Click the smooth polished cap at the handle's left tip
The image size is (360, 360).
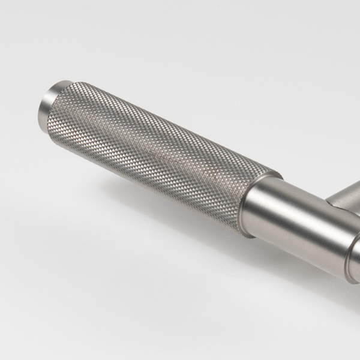click(49, 102)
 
